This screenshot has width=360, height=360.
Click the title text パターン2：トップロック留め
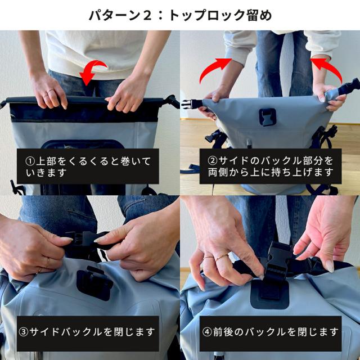coord(180,15)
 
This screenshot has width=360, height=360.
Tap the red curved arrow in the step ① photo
coord(93,70)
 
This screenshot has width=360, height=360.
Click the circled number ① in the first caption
coord(30,161)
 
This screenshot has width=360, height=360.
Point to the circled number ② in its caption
coord(213,160)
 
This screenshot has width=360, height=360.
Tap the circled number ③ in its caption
coord(24,332)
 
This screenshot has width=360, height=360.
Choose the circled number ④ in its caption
coord(207,332)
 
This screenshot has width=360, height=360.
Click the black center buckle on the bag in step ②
coord(268,117)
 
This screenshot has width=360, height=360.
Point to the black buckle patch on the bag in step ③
coord(94,283)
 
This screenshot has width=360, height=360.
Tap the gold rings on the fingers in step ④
coord(216,258)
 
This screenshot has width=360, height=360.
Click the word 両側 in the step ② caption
coord(218,172)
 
